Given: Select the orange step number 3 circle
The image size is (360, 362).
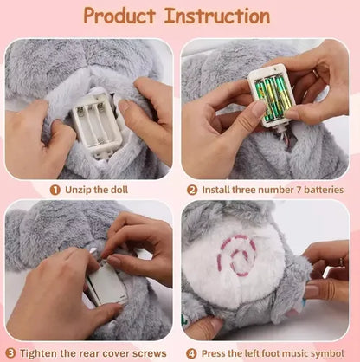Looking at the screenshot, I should [10, 353].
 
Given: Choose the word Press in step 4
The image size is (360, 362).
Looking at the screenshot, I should [215, 353].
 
